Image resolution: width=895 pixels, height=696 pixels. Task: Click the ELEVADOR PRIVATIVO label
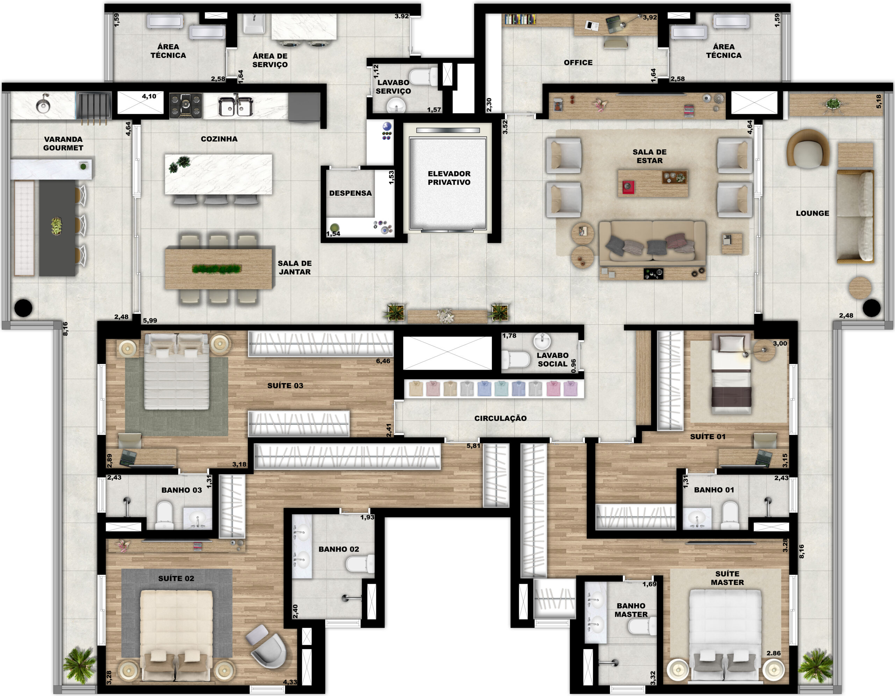pyautogui.click(x=449, y=178)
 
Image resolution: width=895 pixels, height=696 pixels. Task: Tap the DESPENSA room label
pyautogui.click(x=350, y=193)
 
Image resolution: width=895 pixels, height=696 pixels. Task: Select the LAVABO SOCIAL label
pyautogui.click(x=553, y=359)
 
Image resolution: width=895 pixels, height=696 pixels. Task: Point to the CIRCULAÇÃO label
pyautogui.click(x=500, y=418)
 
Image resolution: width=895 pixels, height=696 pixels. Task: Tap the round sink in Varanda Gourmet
pyautogui.click(x=43, y=106)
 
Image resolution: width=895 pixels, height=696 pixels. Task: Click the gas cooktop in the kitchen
pyautogui.click(x=186, y=105)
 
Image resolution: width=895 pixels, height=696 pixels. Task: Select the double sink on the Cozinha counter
pyautogui.click(x=235, y=106)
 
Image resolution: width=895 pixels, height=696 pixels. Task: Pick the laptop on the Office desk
pyautogui.click(x=614, y=24)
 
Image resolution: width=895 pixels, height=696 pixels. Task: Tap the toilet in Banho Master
pyautogui.click(x=642, y=626)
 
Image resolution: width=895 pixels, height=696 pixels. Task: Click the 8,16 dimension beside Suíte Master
pyautogui.click(x=802, y=551)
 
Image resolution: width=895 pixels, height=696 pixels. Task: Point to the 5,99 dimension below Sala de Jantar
pyautogui.click(x=150, y=320)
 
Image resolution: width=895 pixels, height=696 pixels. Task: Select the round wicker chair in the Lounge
pyautogui.click(x=808, y=148)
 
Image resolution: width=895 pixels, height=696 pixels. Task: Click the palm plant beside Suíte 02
pyautogui.click(x=79, y=665)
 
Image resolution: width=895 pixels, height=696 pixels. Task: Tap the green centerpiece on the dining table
pyautogui.click(x=217, y=269)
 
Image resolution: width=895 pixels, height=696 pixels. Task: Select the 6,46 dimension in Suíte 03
pyautogui.click(x=383, y=361)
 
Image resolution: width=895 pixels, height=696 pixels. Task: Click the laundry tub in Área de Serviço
pyautogui.click(x=254, y=24)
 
